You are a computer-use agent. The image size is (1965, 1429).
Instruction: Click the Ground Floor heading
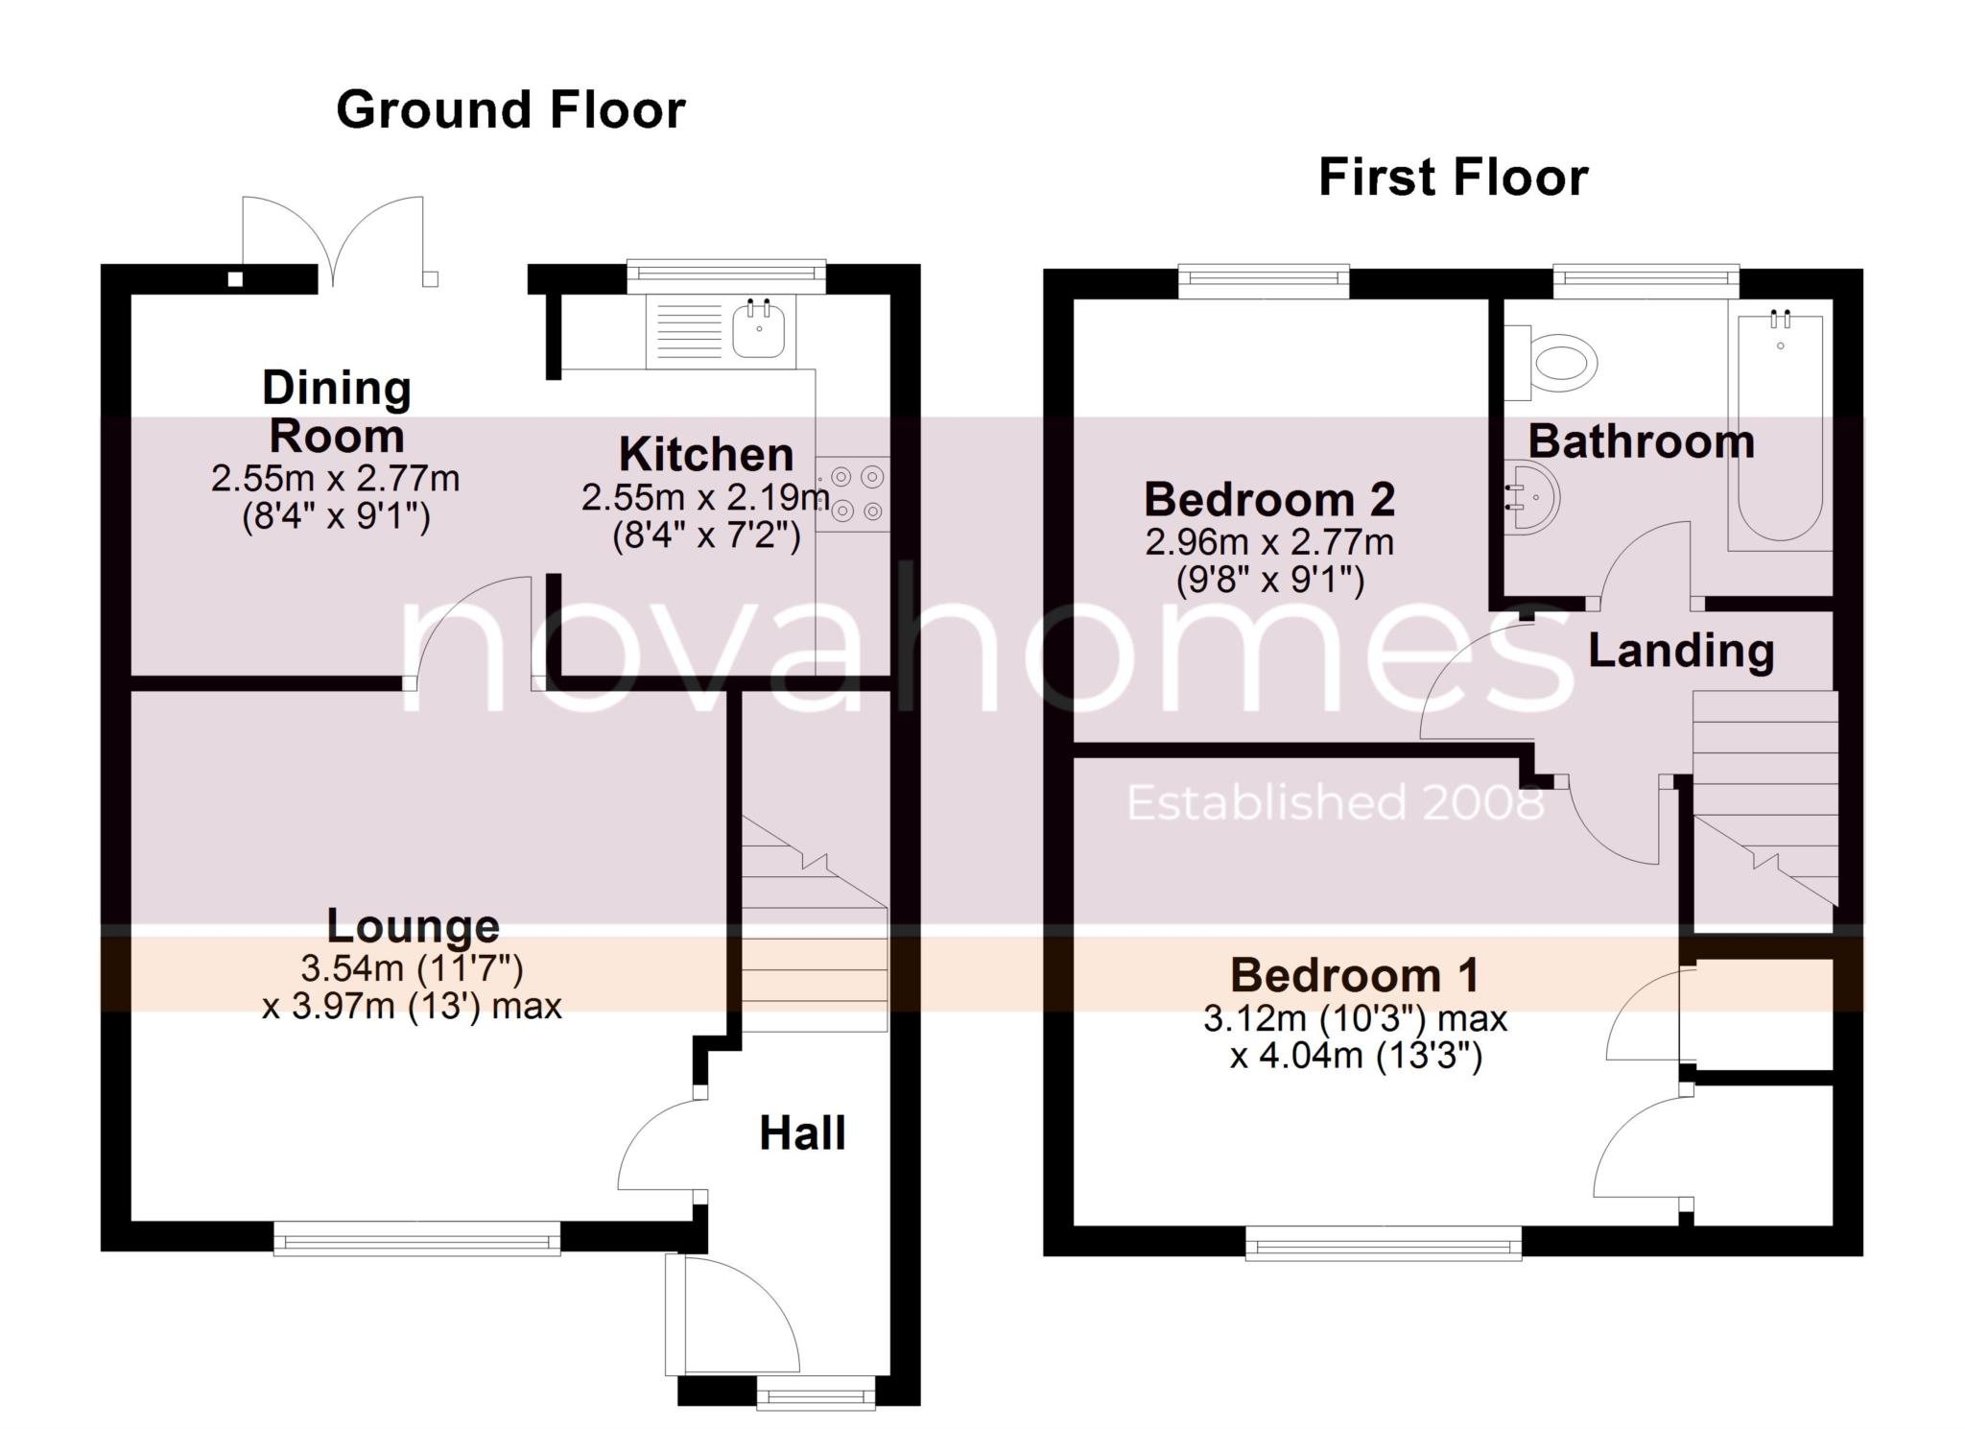pos(510,110)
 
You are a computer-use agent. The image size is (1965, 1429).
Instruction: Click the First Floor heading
pos(1453,179)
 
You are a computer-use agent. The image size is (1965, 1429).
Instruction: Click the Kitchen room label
pos(706,455)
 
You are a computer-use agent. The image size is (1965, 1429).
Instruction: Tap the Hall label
pos(802,1133)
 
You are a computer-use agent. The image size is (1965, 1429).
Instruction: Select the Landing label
pos(1681,651)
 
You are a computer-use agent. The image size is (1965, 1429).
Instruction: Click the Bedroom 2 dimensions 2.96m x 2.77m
pos(1269,542)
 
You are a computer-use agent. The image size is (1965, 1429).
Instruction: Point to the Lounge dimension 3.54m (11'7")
pos(412,967)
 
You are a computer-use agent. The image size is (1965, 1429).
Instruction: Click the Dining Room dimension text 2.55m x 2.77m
pos(336,478)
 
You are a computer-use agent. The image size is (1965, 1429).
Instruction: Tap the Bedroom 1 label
pos(1355,976)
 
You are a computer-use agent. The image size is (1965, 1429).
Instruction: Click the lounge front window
pos(416,1237)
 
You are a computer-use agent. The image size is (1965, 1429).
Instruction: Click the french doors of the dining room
pos(334,240)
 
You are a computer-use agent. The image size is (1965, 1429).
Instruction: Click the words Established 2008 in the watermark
pos(1335,803)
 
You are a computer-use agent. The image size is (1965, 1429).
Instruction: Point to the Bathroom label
pos(1641,442)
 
